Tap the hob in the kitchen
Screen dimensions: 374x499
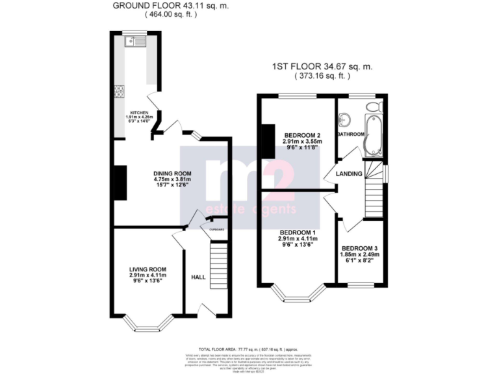pos(120,92)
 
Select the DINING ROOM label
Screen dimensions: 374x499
pos(172,173)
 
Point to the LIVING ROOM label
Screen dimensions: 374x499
pos(147,269)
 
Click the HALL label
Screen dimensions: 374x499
pos(198,277)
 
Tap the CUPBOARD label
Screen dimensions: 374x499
pos(216,230)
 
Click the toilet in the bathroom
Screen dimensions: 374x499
pos(374,106)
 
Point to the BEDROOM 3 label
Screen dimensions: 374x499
pos(359,248)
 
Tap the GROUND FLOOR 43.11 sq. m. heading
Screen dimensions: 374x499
pos(170,6)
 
